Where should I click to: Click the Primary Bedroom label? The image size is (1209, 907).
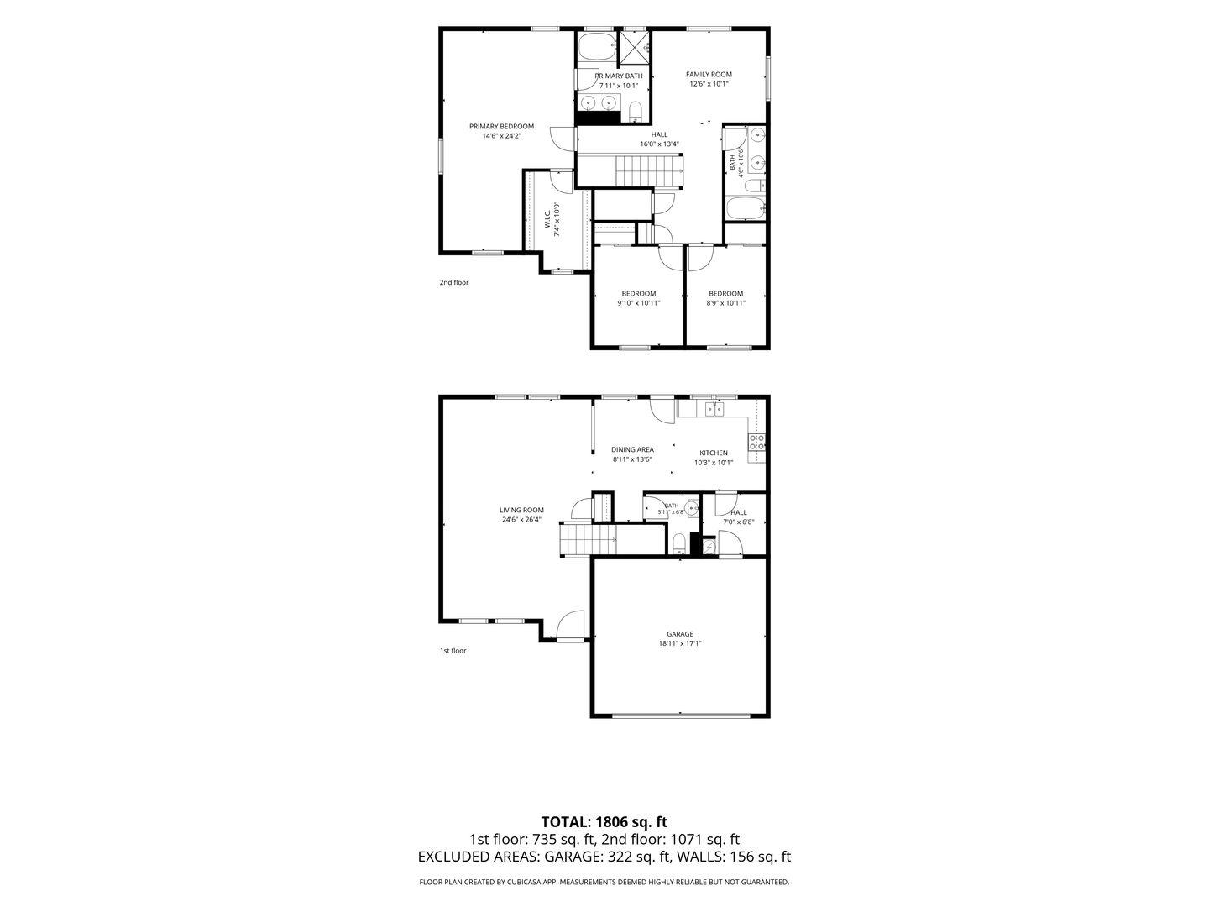(x=501, y=126)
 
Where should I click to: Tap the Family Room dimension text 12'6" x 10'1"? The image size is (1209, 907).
(x=709, y=84)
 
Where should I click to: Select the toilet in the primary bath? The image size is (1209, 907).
(x=635, y=111)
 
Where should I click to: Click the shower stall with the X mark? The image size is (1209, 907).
(x=633, y=48)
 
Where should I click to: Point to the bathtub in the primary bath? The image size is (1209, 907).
(x=597, y=47)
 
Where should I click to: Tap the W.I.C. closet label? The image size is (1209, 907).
(x=547, y=218)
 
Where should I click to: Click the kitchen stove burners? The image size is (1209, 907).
(x=756, y=442)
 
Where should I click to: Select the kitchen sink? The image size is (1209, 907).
(x=714, y=409)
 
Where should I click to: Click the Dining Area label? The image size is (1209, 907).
(x=632, y=449)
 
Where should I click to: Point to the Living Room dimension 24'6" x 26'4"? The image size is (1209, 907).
(x=521, y=519)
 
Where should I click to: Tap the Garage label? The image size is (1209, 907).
(x=680, y=634)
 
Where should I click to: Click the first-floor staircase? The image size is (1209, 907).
(x=588, y=539)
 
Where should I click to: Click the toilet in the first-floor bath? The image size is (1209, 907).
(x=679, y=543)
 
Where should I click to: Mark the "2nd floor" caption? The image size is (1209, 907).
(x=454, y=282)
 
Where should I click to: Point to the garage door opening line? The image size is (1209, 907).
(x=681, y=716)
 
